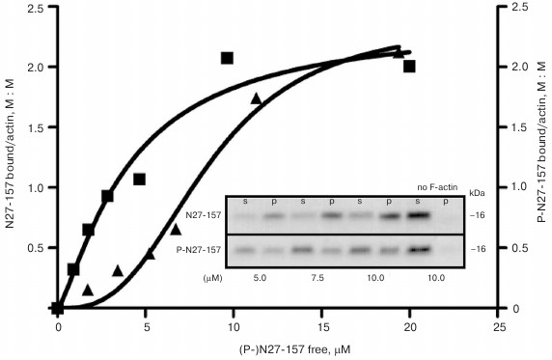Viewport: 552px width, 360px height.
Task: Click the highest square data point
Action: (227, 58)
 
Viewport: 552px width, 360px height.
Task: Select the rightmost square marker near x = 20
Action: (409, 66)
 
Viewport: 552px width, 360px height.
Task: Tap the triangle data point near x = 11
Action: (256, 98)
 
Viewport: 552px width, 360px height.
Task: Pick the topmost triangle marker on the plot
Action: (398, 52)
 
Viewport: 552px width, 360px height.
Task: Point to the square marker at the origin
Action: (58, 308)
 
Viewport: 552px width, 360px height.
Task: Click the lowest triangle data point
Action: (88, 290)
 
